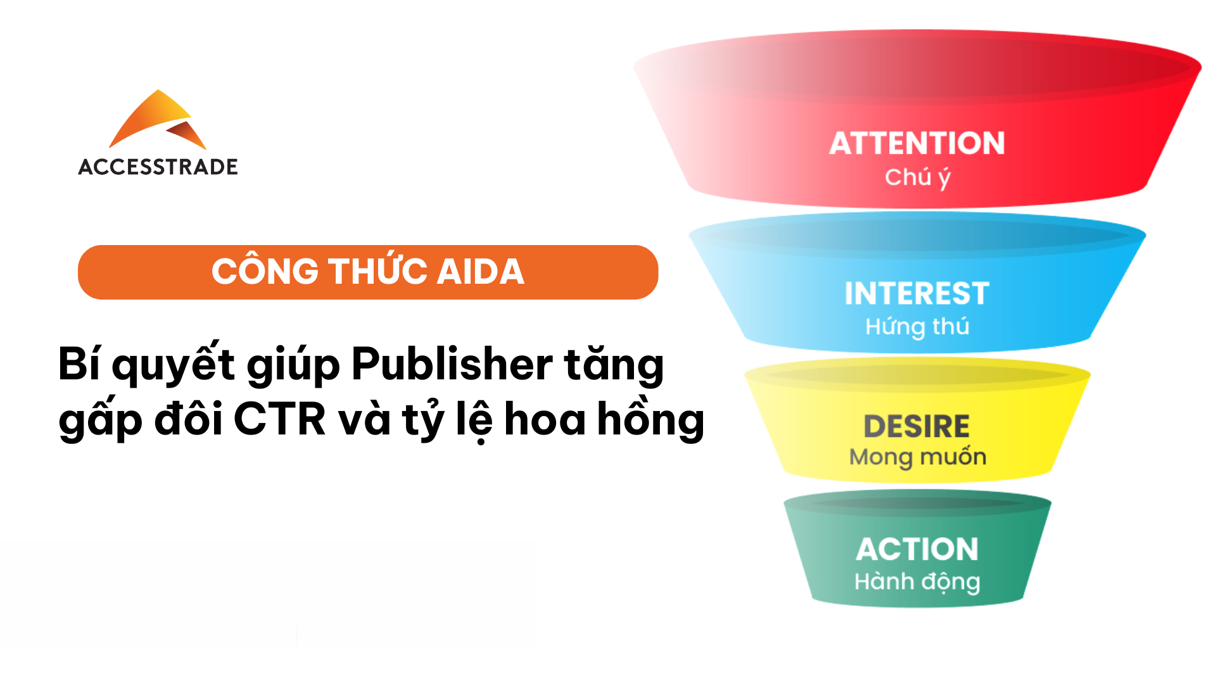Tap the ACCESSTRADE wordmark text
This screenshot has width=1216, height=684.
[158, 167]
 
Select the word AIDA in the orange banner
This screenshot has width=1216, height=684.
[481, 272]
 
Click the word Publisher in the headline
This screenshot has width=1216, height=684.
[452, 364]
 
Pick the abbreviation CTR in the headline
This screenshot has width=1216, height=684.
[280, 419]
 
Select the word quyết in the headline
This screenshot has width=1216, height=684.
[174, 364]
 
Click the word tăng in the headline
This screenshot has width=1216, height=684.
[614, 365]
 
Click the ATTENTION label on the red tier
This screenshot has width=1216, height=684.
[917, 143]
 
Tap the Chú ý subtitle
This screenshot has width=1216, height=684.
[918, 177]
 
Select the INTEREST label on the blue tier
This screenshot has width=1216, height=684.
[917, 293]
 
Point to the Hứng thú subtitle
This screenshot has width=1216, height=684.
[917, 327]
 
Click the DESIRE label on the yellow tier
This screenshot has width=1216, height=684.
[917, 426]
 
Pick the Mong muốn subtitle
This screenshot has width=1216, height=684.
[918, 457]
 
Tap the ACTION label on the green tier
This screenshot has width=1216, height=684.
[917, 549]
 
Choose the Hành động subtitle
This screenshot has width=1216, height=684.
[917, 582]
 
